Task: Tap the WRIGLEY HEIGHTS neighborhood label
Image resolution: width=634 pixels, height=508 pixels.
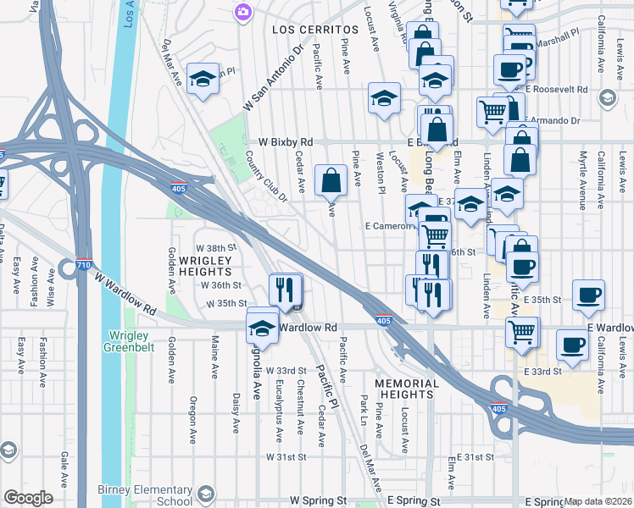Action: click(x=203, y=265)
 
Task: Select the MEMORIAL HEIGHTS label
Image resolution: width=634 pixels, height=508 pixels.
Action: click(x=407, y=390)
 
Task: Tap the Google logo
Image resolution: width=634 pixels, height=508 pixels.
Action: click(x=28, y=498)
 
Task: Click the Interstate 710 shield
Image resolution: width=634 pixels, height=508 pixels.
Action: click(x=83, y=265)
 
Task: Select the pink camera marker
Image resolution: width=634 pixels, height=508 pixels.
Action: click(x=243, y=12)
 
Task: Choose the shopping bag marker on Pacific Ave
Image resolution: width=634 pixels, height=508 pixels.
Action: click(x=331, y=180)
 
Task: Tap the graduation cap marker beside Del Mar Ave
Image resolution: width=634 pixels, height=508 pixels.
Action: click(x=202, y=80)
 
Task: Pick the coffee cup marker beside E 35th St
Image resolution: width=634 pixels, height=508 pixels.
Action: click(x=587, y=295)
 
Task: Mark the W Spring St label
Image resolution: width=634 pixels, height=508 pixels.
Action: click(x=319, y=501)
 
